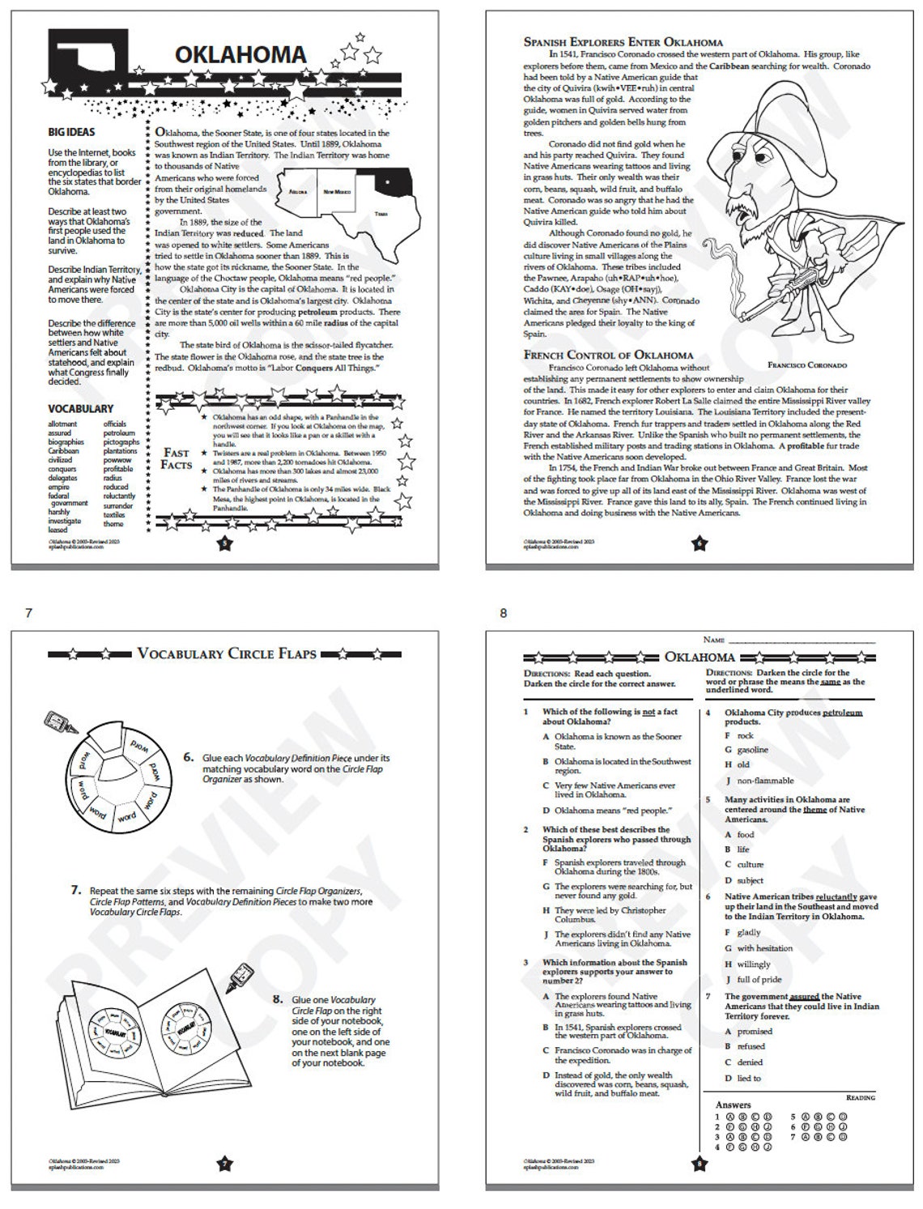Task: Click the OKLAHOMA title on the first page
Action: coord(240,54)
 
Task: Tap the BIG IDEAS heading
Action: coord(71,132)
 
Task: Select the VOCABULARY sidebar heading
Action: coord(80,408)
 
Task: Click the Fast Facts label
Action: coord(177,458)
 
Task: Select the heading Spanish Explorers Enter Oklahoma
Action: coord(623,41)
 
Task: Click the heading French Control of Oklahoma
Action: coord(608,354)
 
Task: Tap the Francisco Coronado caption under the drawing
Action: coord(806,365)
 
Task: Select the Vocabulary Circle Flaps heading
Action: coord(226,653)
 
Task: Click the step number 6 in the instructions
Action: coord(188,757)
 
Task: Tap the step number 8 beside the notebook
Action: coord(278,999)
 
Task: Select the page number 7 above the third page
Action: coord(28,613)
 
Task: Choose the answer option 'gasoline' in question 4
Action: coord(752,750)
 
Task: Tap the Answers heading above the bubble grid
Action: coord(733,1105)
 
